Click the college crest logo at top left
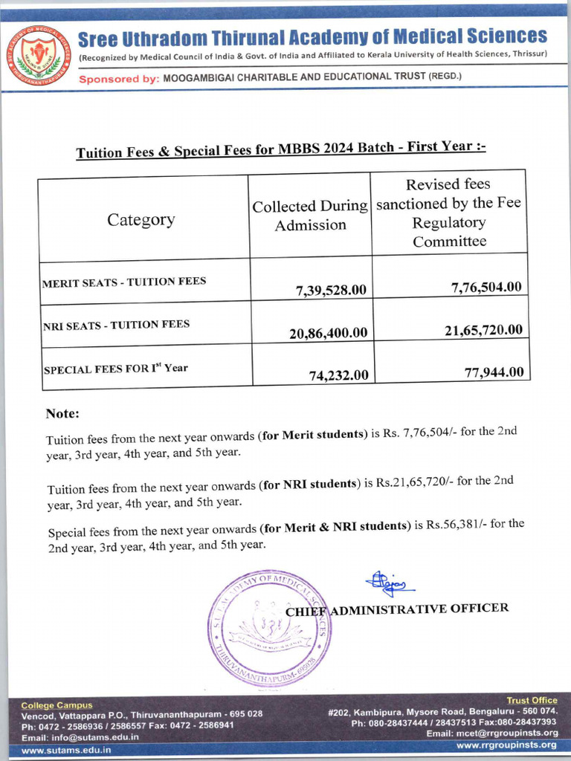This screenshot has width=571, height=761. [39, 54]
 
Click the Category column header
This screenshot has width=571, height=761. [141, 219]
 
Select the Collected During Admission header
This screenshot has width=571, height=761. [310, 216]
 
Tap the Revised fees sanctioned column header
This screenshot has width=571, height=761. [449, 213]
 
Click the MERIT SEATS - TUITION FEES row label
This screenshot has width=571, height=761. [124, 282]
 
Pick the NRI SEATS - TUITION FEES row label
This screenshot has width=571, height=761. [116, 324]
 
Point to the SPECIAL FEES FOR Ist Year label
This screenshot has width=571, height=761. [116, 367]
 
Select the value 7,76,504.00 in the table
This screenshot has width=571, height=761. [486, 287]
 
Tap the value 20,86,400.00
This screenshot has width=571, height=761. [328, 333]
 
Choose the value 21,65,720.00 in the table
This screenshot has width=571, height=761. [483, 329]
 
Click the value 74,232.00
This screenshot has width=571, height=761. [338, 375]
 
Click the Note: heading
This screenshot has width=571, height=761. [62, 413]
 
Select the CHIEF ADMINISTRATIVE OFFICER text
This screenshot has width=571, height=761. [397, 609]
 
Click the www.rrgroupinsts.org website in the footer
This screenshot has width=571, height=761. [506, 745]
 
